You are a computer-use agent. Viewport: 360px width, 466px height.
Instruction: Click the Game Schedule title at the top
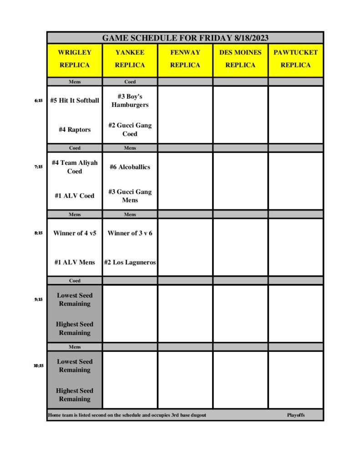(185, 38)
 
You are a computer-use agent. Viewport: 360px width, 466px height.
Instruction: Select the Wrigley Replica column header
(75, 59)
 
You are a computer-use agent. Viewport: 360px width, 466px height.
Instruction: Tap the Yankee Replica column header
(130, 59)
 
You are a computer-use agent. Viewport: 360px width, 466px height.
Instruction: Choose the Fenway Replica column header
(185, 59)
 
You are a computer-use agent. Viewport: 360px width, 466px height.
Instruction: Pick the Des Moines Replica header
(240, 59)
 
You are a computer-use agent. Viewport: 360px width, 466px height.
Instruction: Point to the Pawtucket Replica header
(295, 59)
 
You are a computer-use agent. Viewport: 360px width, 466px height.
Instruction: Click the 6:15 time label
(38, 101)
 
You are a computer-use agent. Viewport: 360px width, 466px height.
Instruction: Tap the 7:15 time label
(38, 167)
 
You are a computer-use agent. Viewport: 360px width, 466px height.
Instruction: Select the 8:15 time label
(38, 233)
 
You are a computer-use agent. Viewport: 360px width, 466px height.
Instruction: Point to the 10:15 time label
(38, 365)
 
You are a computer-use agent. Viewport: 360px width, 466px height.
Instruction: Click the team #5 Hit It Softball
(75, 101)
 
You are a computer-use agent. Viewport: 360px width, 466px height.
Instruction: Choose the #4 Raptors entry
(75, 130)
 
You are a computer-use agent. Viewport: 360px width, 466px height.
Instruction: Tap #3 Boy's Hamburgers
(130, 101)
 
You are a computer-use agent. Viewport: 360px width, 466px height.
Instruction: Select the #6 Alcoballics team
(130, 167)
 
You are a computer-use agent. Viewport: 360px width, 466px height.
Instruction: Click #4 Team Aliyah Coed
(75, 167)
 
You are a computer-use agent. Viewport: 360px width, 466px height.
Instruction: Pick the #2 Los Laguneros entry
(130, 262)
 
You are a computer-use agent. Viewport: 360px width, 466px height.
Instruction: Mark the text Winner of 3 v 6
(130, 233)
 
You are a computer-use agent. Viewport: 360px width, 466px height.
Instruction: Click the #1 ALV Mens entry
(75, 262)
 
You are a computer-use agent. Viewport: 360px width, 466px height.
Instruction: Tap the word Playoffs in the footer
(296, 415)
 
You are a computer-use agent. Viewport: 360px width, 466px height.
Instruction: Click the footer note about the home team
(127, 415)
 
